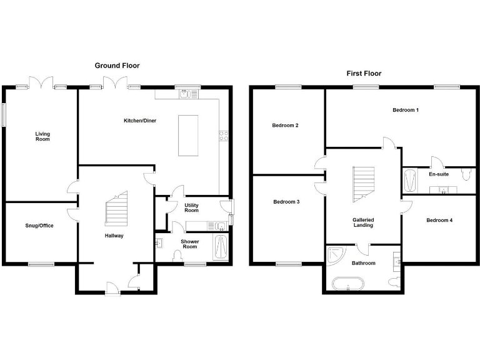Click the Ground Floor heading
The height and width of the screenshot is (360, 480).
[x=117, y=66]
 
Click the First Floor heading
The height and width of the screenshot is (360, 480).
[x=364, y=73]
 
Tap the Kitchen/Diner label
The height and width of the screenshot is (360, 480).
[x=139, y=121]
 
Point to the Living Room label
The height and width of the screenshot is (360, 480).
[x=42, y=136]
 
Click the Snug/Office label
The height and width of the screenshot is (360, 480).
[x=39, y=226]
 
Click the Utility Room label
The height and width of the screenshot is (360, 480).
[x=191, y=208]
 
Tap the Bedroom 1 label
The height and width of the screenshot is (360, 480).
[x=405, y=111]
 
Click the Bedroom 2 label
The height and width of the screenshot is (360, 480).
[x=285, y=126]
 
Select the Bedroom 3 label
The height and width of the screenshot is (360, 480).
[x=286, y=202]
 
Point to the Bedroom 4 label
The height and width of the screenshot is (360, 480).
[x=439, y=220]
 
